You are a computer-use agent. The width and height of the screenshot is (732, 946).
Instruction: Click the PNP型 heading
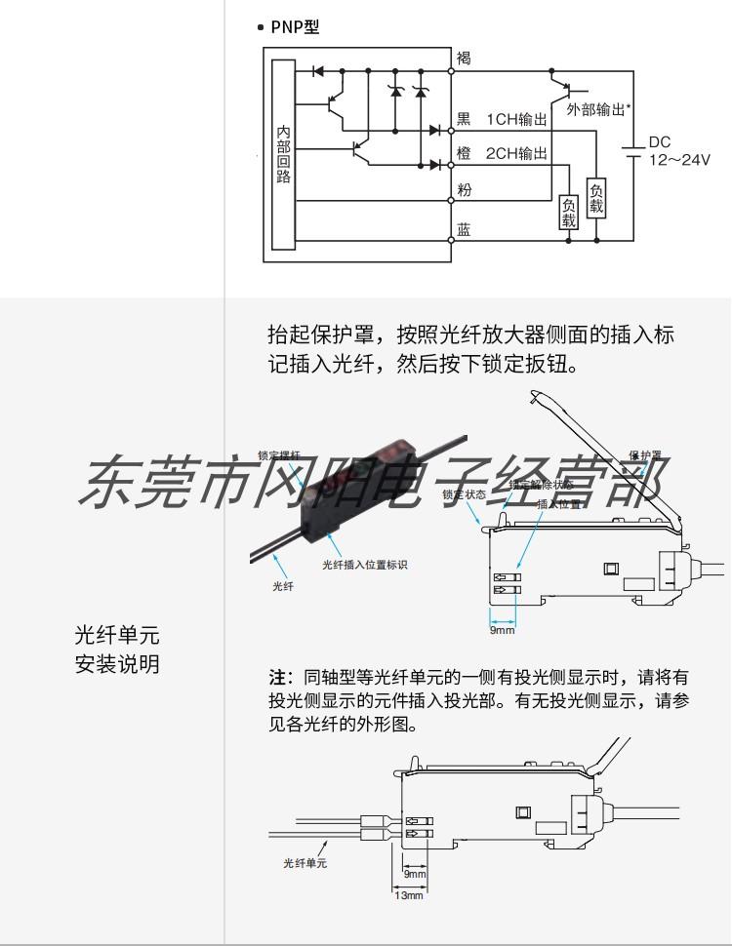pyautogui.click(x=294, y=27)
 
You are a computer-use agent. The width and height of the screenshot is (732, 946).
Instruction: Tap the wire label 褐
pyautogui.click(x=464, y=59)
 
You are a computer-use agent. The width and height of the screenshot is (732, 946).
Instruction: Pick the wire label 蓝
pyautogui.click(x=464, y=230)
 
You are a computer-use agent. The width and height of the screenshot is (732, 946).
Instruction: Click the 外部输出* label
pyautogui.click(x=596, y=110)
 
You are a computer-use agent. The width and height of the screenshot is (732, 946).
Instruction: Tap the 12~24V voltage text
pyautogui.click(x=680, y=160)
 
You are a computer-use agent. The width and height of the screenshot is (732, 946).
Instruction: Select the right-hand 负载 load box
pyautogui.click(x=595, y=198)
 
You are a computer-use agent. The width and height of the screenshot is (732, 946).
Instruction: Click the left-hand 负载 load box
pyautogui.click(x=568, y=213)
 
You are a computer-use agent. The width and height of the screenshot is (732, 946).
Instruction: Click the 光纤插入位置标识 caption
pyautogui.click(x=364, y=565)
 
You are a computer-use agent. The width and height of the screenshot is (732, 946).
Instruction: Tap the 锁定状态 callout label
pyautogui.click(x=464, y=494)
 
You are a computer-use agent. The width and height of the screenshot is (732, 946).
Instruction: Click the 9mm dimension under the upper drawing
pyautogui.click(x=502, y=631)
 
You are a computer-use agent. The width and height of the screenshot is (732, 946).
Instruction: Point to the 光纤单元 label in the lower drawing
pyautogui.click(x=305, y=863)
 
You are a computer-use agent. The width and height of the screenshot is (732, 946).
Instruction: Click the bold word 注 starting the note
pyautogui.click(x=277, y=676)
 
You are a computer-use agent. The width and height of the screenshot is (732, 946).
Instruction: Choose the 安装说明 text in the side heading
pyautogui.click(x=117, y=665)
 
